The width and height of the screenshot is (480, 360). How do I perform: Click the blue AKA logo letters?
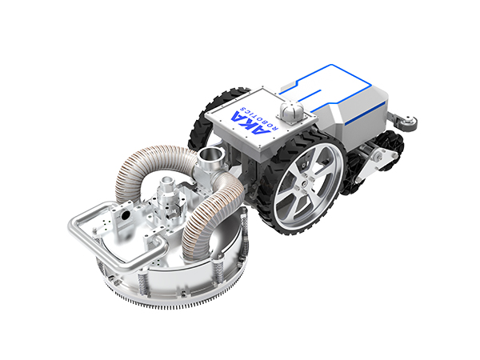tap(250, 123)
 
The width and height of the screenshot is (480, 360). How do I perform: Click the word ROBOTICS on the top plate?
tap(259, 118)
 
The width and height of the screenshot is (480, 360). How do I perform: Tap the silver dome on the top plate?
tap(292, 110)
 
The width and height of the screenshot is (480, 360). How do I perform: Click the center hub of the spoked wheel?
tap(303, 184)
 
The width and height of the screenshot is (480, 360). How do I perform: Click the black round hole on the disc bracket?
tap(126, 216)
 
